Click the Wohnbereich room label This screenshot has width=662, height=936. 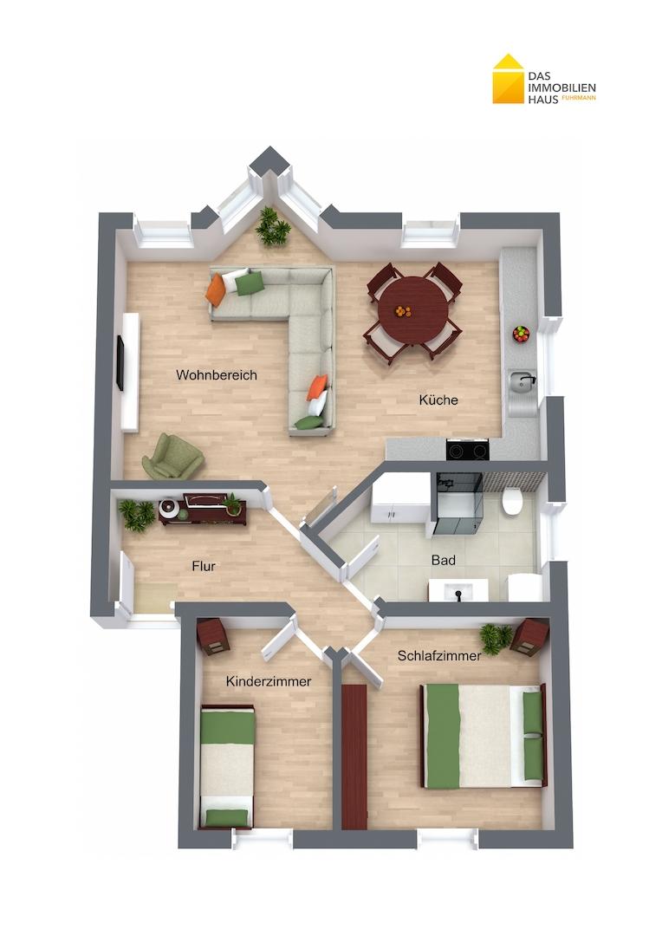[x=216, y=375]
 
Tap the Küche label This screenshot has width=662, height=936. [x=438, y=400]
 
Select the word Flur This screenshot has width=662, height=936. [x=204, y=566]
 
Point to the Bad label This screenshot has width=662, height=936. [x=444, y=560]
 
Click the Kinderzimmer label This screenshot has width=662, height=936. [x=269, y=681]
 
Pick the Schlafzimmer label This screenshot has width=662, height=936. [x=439, y=655]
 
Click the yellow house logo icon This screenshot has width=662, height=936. [x=508, y=79]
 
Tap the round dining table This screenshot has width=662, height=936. [x=413, y=312]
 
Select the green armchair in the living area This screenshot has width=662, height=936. [x=172, y=456]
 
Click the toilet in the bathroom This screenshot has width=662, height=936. [x=513, y=499]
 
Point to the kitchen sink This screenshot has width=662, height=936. [x=521, y=380]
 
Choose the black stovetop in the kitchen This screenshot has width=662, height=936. [x=467, y=449]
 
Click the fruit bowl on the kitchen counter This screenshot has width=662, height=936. [x=521, y=334]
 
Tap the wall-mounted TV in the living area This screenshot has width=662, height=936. [x=120, y=363]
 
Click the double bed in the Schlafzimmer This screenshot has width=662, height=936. [x=484, y=736]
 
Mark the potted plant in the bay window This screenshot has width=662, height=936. [x=273, y=225]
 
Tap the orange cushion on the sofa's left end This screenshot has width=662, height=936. [x=216, y=289]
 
